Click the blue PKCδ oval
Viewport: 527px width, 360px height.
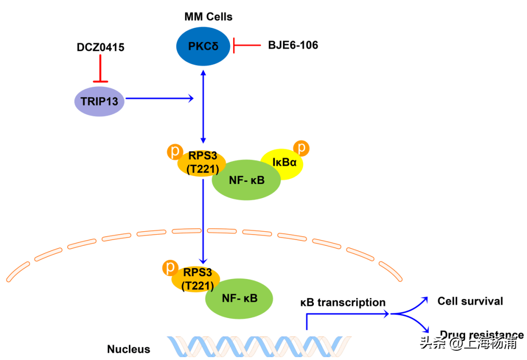point(203,47)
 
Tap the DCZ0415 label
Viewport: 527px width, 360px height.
point(101,47)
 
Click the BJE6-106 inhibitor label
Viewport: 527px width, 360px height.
point(293,45)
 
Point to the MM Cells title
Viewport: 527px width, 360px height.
point(208,17)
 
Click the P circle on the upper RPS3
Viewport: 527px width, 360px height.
point(174,151)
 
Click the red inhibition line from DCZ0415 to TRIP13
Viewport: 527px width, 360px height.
point(101,68)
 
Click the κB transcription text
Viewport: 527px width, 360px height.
point(343,302)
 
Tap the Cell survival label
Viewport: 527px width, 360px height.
point(470,301)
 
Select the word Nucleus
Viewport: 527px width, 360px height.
point(129,349)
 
